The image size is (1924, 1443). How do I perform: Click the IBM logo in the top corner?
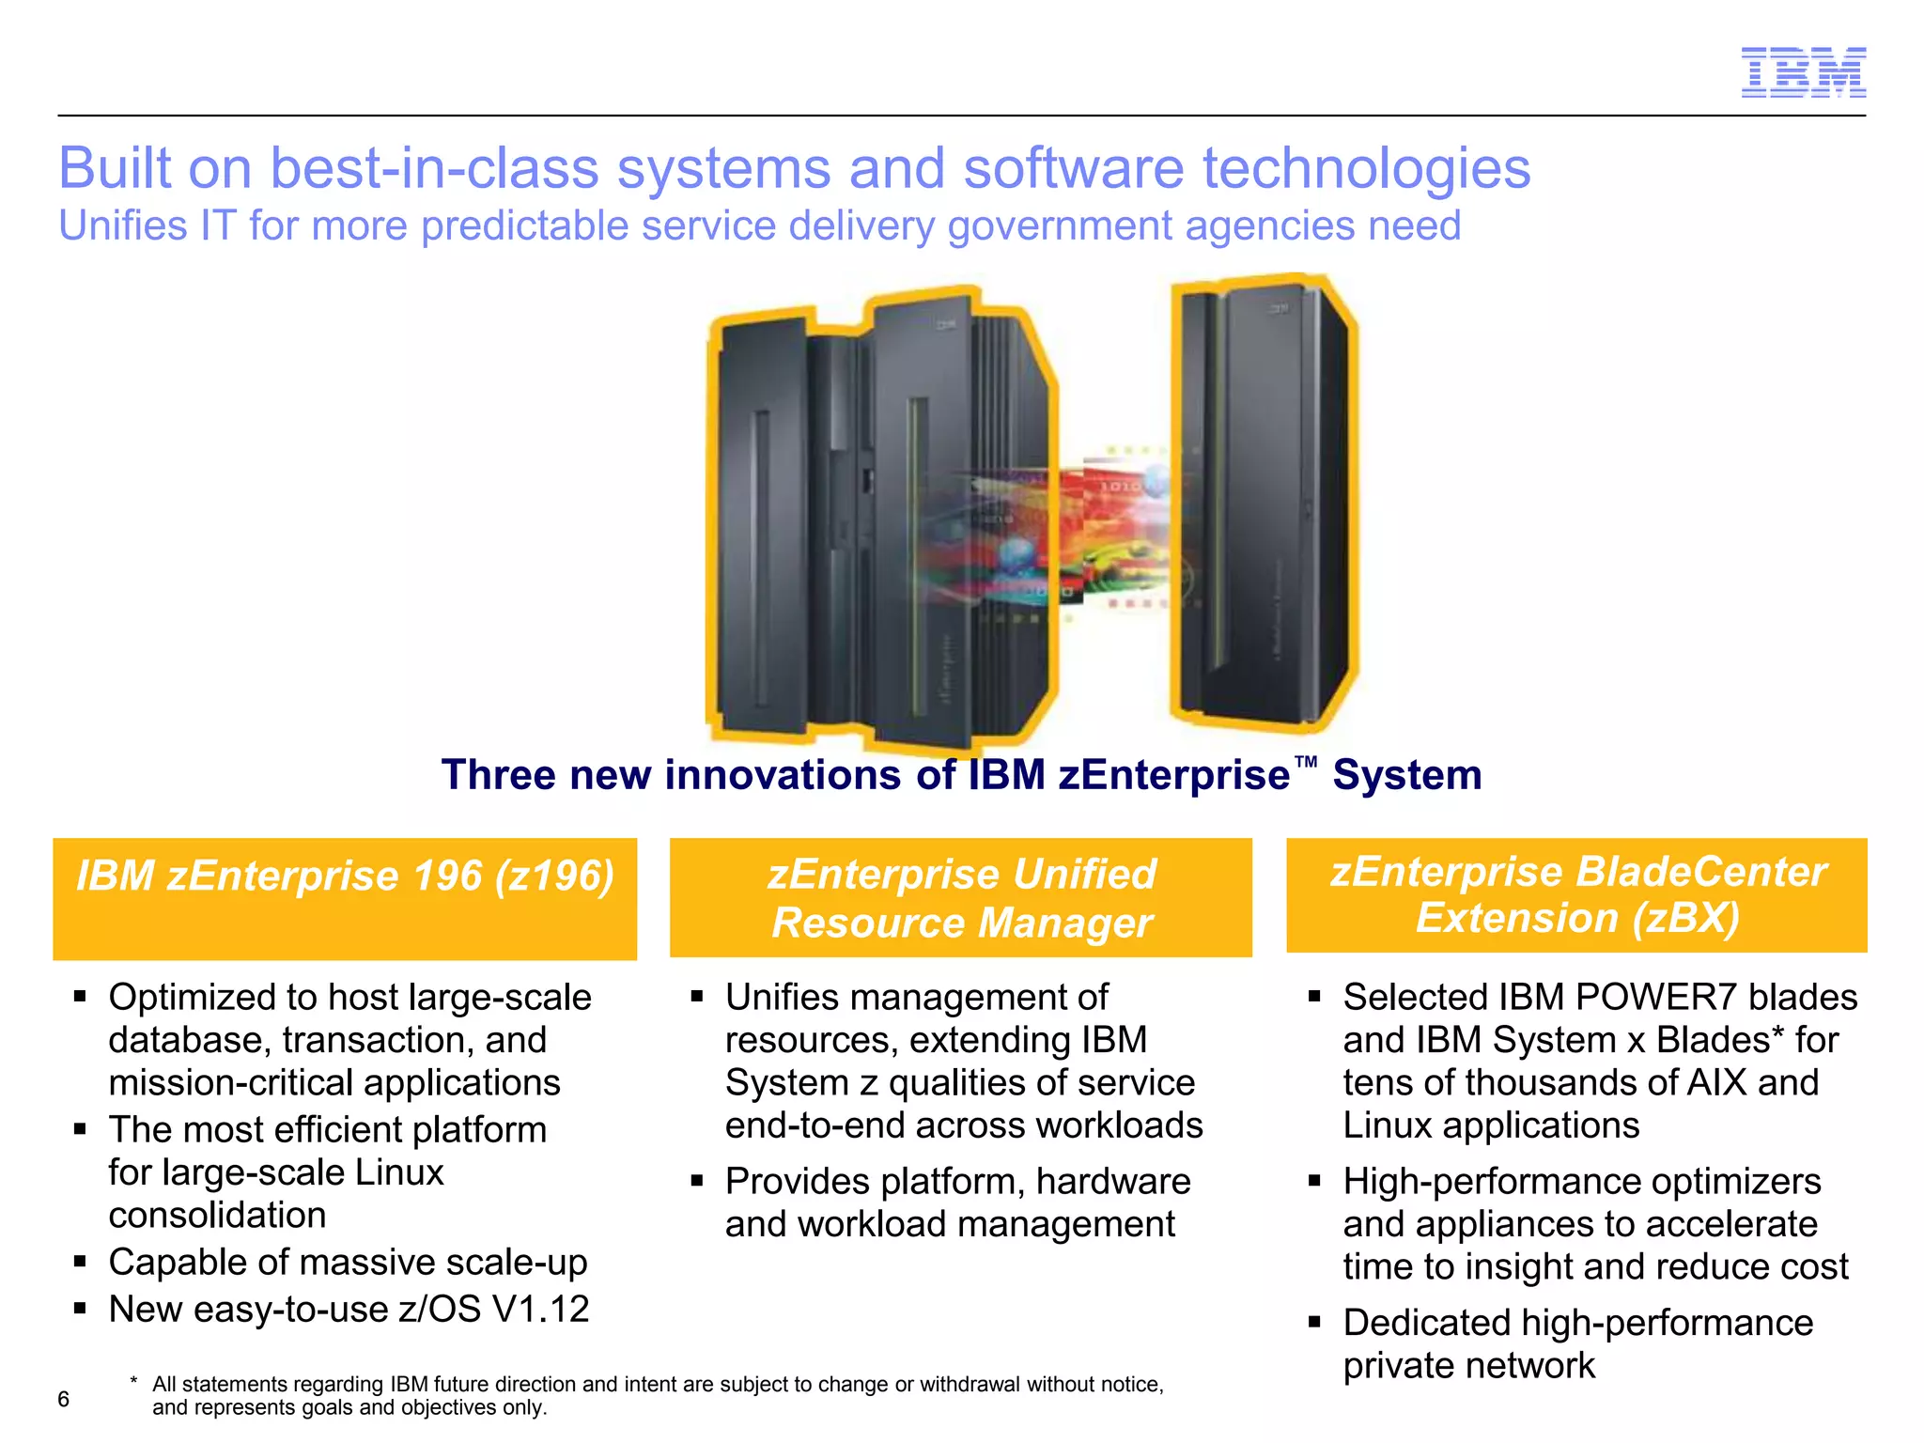click(1803, 71)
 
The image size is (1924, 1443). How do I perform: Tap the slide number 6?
click(64, 1399)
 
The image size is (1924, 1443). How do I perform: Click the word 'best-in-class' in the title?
click(435, 169)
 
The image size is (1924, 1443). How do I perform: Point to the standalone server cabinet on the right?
click(1263, 503)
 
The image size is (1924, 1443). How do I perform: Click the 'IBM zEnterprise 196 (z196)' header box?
click(345, 898)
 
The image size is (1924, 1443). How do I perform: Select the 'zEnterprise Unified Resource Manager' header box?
click(961, 898)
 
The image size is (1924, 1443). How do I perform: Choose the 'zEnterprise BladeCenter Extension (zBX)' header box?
click(1576, 895)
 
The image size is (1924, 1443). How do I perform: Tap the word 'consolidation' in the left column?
click(217, 1216)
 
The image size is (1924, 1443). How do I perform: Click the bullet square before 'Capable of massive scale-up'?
click(81, 1262)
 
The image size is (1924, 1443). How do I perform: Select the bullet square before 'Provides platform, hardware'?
click(697, 1181)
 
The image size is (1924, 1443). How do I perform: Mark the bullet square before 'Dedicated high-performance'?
click(1314, 1323)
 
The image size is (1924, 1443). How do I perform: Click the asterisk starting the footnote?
click(134, 1382)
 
